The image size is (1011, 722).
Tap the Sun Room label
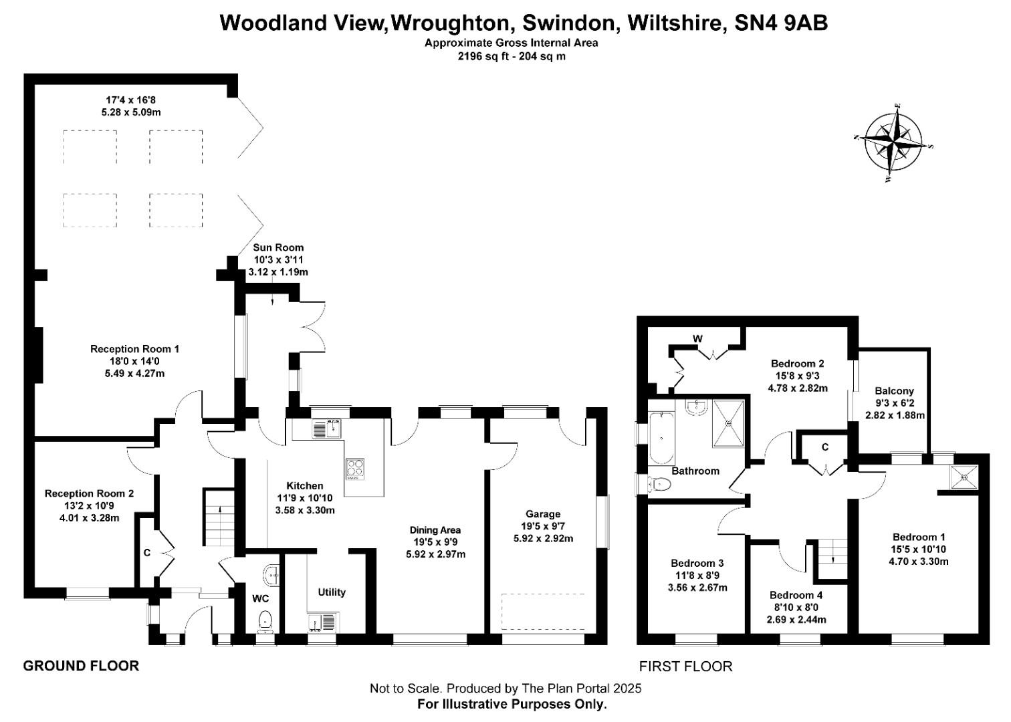278,247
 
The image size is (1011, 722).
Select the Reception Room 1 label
134,349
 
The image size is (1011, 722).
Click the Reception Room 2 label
89,493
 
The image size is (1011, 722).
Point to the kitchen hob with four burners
355,469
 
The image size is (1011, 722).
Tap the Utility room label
332,592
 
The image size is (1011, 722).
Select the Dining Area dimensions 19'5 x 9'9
435,542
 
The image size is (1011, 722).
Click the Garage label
542,514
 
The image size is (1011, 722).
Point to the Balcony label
894,391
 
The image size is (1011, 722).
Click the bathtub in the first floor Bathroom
661,439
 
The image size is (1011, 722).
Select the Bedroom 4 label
796,595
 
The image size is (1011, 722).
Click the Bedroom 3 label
697,563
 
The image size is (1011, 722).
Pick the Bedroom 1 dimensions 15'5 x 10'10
919,550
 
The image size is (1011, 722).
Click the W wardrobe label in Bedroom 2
697,339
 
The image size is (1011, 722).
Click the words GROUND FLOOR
81,666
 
